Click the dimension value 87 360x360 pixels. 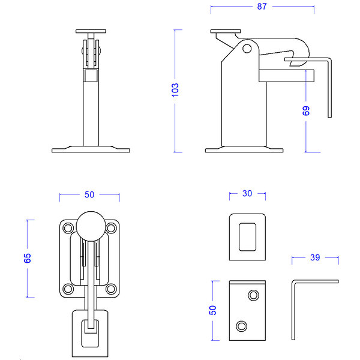click(262, 7)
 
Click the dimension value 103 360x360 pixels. click(175, 90)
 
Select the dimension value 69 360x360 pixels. click(306, 111)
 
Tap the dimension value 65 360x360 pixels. click(28, 258)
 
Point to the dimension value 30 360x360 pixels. click(247, 194)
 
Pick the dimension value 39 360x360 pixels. click(315, 257)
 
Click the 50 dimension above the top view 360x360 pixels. click(89, 194)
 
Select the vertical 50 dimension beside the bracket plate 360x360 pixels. click(213, 310)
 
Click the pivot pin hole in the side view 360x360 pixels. click(247, 49)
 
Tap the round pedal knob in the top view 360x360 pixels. click(91, 226)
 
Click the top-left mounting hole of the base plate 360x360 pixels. click(68, 228)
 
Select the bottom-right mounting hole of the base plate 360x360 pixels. click(111, 289)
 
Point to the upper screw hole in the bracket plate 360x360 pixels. click(253, 295)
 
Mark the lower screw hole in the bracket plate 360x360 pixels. click(242, 326)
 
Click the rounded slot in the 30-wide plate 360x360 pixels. click(247, 237)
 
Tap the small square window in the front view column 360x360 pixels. click(91, 76)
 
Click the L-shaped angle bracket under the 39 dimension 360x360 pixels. click(293, 310)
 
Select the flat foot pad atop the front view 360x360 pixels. click(91, 31)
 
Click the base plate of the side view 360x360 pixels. click(244, 151)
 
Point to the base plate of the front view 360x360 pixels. click(91, 151)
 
